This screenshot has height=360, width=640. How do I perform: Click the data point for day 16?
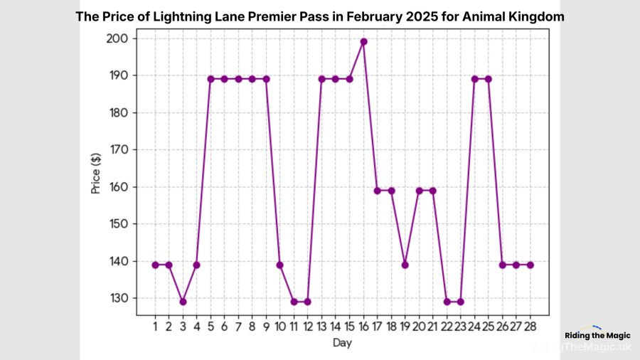pyautogui.click(x=363, y=41)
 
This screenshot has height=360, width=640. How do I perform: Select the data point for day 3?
pyautogui.click(x=183, y=302)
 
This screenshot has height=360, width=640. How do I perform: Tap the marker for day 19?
pyautogui.click(x=405, y=265)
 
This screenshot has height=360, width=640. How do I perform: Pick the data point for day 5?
pyautogui.click(x=210, y=79)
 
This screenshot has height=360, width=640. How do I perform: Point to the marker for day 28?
pyautogui.click(x=530, y=265)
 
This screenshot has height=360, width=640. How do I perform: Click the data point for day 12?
pyautogui.click(x=308, y=302)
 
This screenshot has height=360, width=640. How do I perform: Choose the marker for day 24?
pyautogui.click(x=474, y=79)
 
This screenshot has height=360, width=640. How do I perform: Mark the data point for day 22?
pyautogui.click(x=447, y=302)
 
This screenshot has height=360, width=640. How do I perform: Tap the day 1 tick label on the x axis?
pyautogui.click(x=155, y=326)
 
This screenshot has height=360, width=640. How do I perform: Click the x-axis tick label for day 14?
pyautogui.click(x=336, y=326)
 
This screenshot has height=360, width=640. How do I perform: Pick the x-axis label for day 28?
pyautogui.click(x=530, y=326)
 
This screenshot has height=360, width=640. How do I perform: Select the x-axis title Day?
pyautogui.click(x=341, y=343)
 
